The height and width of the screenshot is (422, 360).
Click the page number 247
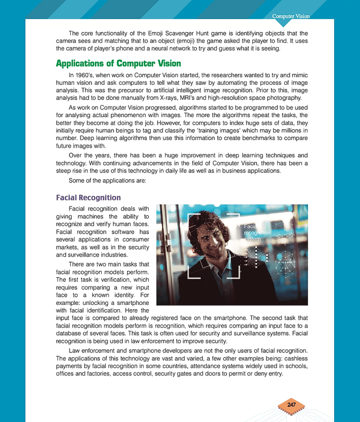click(x=291, y=405)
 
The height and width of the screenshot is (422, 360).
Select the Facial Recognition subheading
click(x=88, y=198)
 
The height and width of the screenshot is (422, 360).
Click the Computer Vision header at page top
click(x=290, y=16)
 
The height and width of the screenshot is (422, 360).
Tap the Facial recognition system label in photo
click(x=257, y=233)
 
